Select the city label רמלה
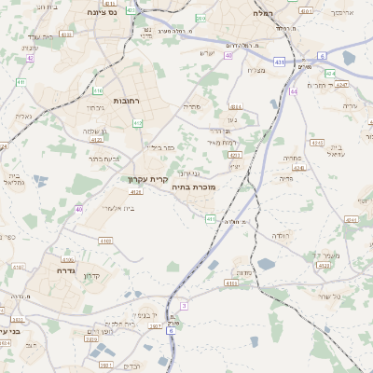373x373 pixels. (x=262, y=14)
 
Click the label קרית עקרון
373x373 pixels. (x=149, y=179)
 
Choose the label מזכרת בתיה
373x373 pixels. (x=193, y=187)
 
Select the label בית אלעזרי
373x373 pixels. (x=117, y=207)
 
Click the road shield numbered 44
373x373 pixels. (x=294, y=91)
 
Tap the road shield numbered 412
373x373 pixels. (x=138, y=122)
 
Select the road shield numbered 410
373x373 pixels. (x=98, y=90)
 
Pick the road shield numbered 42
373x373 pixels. (x=30, y=58)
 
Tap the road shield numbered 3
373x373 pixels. (x=184, y=306)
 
